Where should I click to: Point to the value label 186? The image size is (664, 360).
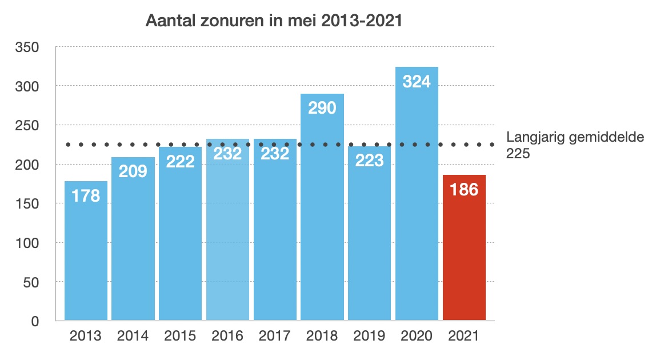click(x=464, y=189)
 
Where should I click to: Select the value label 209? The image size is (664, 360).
click(x=133, y=171)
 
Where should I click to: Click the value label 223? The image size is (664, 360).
click(x=369, y=161)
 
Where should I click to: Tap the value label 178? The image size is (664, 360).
click(x=86, y=195)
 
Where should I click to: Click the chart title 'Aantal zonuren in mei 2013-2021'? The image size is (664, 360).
click(x=274, y=21)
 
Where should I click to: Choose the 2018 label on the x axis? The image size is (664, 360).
click(x=322, y=336)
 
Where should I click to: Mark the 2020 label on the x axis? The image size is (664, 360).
click(x=417, y=336)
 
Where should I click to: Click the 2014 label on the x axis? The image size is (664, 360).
click(x=133, y=336)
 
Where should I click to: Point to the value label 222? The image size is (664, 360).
click(x=180, y=161)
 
